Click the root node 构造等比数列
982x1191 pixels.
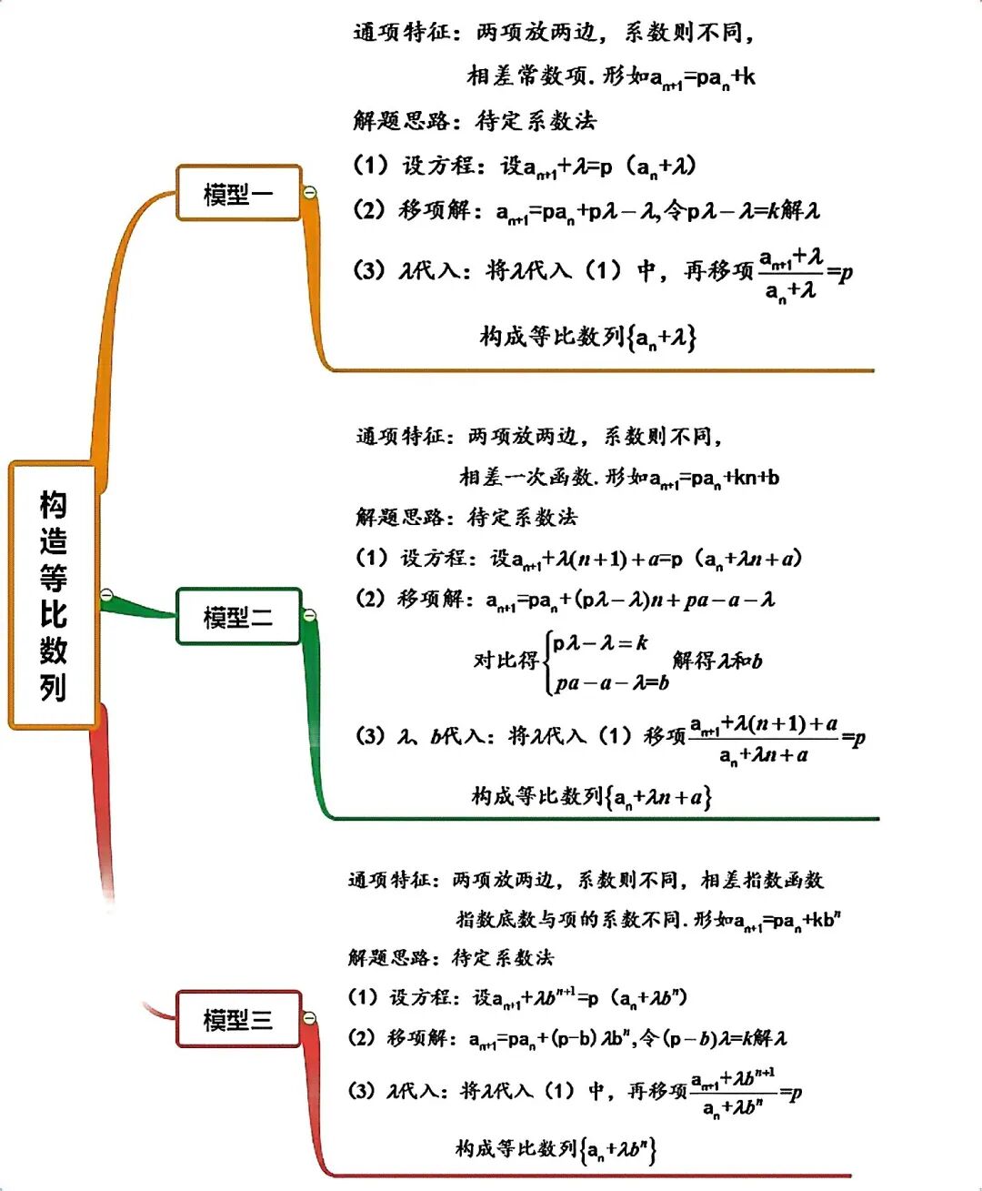(53, 596)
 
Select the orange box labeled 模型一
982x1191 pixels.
(238, 193)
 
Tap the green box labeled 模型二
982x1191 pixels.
(238, 618)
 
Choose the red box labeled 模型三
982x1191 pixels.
(238, 1019)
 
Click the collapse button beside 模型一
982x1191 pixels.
(309, 191)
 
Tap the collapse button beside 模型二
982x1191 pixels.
(309, 616)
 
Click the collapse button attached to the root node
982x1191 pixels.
(106, 595)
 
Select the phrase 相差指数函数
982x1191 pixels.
(762, 880)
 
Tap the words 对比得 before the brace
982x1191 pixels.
(506, 660)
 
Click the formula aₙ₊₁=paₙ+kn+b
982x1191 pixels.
(715, 479)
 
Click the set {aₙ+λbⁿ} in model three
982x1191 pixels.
(618, 1150)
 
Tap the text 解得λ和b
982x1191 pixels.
(717, 661)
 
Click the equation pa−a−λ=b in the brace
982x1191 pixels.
(612, 682)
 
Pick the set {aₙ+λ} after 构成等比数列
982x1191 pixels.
(662, 338)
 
